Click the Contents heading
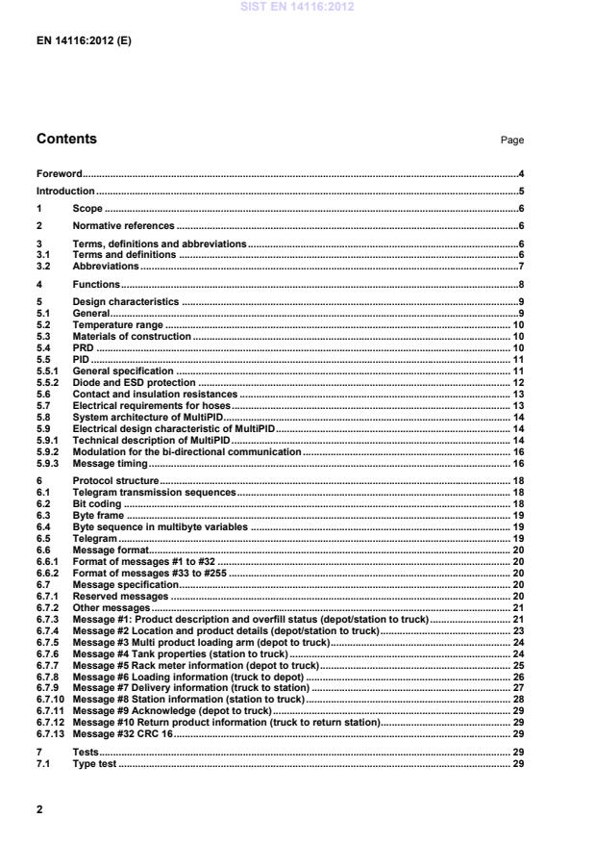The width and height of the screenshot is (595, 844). (x=66, y=140)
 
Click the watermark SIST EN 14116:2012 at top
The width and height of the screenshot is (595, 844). (x=297, y=7)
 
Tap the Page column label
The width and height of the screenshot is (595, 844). (x=511, y=141)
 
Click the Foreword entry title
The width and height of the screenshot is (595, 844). (x=59, y=174)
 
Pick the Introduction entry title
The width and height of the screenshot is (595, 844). (x=65, y=192)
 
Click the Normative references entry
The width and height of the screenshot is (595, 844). (x=124, y=225)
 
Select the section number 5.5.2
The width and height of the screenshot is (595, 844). (x=48, y=383)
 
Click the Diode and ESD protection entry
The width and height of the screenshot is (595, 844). (x=131, y=383)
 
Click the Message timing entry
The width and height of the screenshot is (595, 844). (x=110, y=463)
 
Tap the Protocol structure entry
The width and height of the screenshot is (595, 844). (x=115, y=480)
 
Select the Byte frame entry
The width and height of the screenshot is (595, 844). (x=99, y=515)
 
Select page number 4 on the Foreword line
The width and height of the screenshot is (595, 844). (x=520, y=174)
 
